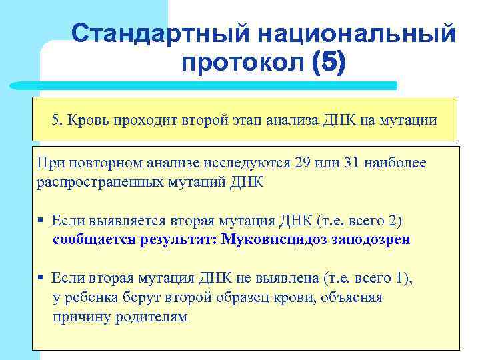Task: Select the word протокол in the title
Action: [242, 63]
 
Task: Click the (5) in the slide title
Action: [328, 63]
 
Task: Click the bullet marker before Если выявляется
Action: [41, 221]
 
